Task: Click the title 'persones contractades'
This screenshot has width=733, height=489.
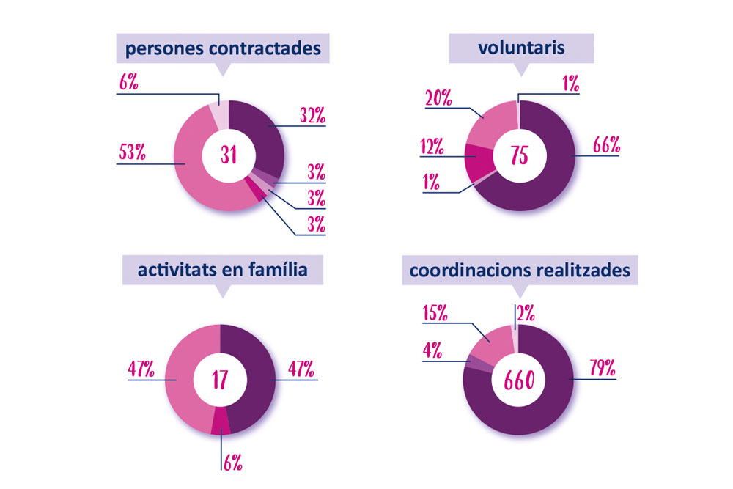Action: pyautogui.click(x=223, y=50)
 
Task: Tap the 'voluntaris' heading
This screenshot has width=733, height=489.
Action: pyautogui.click(x=521, y=49)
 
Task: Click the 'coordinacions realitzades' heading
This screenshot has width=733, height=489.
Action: pyautogui.click(x=520, y=271)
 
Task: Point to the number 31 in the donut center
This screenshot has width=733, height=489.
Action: pyautogui.click(x=229, y=156)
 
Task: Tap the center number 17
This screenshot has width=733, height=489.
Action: pyautogui.click(x=220, y=380)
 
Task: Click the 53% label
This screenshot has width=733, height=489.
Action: pyautogui.click(x=133, y=152)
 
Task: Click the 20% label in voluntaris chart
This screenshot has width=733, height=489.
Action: pyautogui.click(x=438, y=97)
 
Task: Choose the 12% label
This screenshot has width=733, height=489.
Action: pyautogui.click(x=432, y=146)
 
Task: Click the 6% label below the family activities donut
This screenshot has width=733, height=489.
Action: pyautogui.click(x=232, y=462)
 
